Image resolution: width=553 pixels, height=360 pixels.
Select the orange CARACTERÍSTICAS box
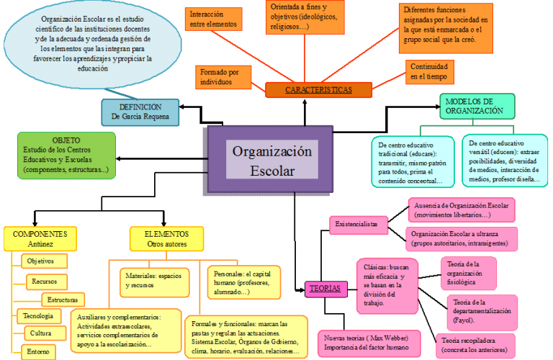point(318,90)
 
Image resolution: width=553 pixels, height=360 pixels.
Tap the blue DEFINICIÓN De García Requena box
point(140,111)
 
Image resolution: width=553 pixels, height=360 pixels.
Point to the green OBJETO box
point(66,155)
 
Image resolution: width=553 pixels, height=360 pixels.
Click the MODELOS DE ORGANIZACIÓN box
point(478,107)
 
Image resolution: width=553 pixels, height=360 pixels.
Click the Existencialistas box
point(358,225)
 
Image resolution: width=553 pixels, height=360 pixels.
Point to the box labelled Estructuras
point(63,299)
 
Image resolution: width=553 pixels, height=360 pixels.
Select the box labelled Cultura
point(47,333)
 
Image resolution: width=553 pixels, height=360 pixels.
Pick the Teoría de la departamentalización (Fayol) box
point(482,310)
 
